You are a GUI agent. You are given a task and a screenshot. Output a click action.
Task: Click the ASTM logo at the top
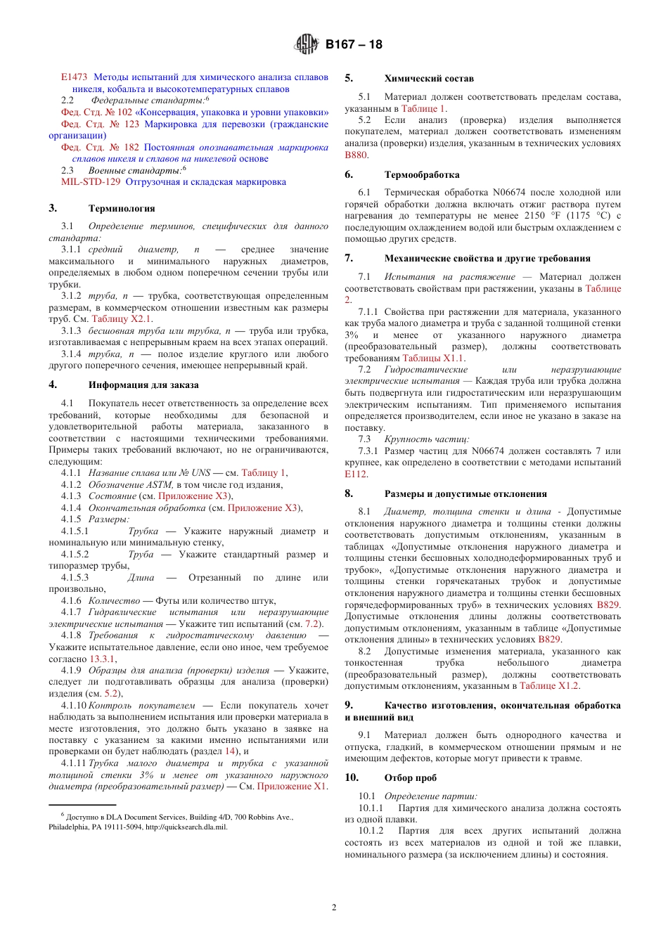307,44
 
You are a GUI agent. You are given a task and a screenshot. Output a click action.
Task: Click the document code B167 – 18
354,44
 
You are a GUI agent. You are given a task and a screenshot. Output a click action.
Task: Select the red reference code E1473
74,77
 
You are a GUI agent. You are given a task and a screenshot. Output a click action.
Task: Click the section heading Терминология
122,209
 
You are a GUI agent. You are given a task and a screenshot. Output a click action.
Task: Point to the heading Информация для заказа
143,385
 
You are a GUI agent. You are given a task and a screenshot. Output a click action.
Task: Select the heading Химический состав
429,79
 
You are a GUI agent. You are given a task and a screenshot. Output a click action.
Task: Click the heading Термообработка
422,175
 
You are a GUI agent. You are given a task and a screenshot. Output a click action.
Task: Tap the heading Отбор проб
410,778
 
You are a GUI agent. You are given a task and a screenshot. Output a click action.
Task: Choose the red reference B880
356,155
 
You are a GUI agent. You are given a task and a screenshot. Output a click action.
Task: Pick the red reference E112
356,474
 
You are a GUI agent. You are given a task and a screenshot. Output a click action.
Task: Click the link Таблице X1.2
549,686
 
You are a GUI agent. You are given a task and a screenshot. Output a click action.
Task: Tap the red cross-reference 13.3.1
103,659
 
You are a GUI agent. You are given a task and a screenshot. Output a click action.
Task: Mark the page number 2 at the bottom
334,907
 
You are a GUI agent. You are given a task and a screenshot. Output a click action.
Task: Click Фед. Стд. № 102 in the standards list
96,112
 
